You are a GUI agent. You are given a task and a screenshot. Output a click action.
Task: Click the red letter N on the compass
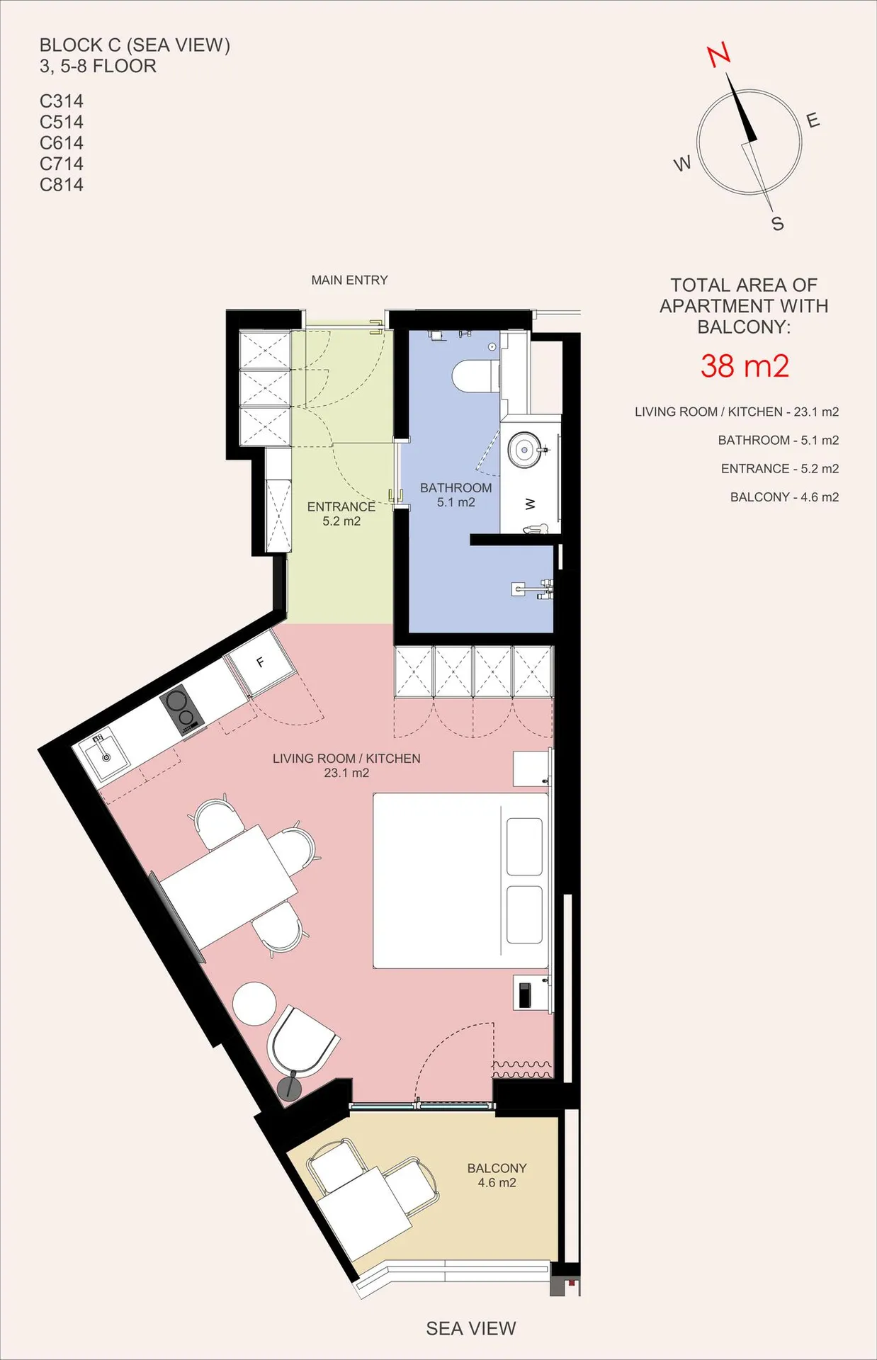[x=719, y=55]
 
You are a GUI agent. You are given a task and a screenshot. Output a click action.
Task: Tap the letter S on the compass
[x=778, y=224]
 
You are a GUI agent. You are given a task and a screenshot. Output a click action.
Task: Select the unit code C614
[x=62, y=143]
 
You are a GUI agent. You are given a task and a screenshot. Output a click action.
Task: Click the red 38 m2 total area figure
[x=745, y=366]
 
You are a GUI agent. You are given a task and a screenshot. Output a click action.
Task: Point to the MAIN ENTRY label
[x=349, y=280]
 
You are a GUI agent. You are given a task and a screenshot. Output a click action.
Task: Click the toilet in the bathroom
[x=476, y=375]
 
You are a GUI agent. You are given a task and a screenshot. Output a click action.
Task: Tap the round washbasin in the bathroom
[x=525, y=449]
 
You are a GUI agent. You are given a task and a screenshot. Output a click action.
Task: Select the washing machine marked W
[x=531, y=504]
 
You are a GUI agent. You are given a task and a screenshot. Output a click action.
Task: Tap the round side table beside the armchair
[x=254, y=1003]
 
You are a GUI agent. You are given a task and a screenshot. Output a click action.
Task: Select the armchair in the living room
[x=302, y=1040]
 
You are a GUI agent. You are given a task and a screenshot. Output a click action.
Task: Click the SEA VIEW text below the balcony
[x=471, y=1329]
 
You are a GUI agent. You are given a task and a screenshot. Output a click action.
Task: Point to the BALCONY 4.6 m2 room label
[x=497, y=1175]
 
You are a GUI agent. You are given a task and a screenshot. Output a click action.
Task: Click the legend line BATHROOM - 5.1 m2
[x=778, y=441]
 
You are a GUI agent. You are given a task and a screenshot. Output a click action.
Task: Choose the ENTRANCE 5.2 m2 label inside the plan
[x=341, y=514]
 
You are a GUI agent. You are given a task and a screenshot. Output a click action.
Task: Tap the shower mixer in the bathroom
[x=533, y=589]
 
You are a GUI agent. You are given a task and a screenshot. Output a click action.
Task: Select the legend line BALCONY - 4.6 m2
[x=784, y=497]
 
